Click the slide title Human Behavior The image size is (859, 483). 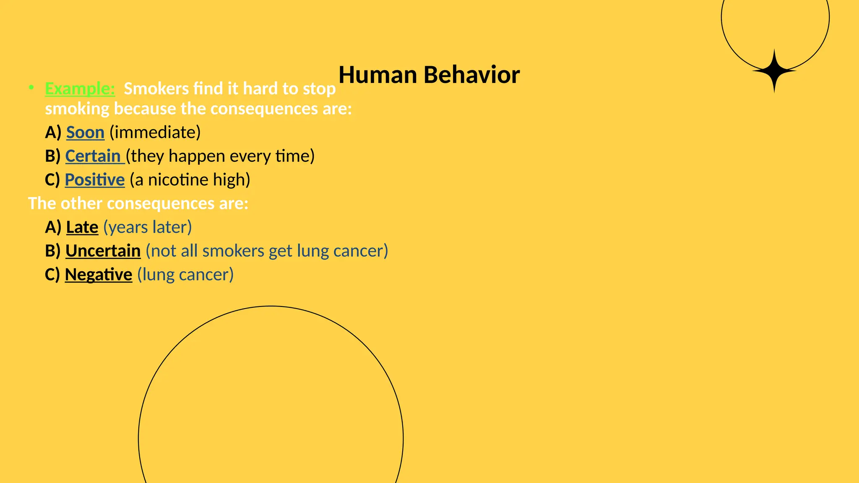[429, 75]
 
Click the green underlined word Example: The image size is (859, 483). [80, 88]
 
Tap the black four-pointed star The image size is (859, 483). [774, 71]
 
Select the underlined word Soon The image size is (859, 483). [85, 132]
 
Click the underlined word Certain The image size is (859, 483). [93, 156]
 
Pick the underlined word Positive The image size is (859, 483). [95, 180]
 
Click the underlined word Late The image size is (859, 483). [82, 227]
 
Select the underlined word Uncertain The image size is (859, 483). [103, 251]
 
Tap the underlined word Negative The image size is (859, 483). [99, 275]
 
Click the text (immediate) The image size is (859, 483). [155, 132]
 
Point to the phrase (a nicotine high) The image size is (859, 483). [190, 180]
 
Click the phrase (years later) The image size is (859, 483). [148, 227]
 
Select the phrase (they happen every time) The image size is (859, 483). [220, 156]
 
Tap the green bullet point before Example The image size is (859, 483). [31, 88]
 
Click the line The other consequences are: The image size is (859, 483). [138, 203]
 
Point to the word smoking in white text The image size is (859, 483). [77, 109]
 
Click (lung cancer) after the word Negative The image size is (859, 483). [185, 275]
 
